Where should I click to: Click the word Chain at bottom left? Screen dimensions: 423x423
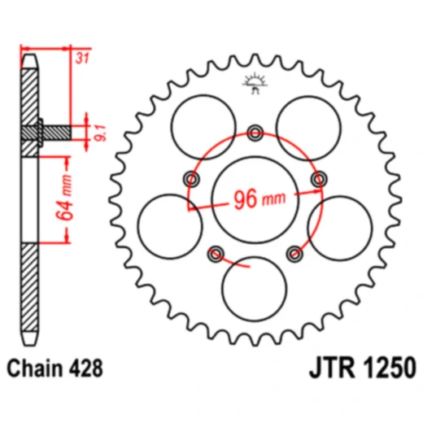point(39,368)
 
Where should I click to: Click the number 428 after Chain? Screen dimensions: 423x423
point(87,368)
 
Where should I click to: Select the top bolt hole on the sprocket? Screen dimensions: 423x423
point(255,133)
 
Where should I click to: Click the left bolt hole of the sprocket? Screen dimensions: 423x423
point(192,178)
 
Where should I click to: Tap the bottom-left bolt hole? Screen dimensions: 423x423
point(216,254)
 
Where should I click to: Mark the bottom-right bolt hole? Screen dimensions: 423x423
point(294,254)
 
